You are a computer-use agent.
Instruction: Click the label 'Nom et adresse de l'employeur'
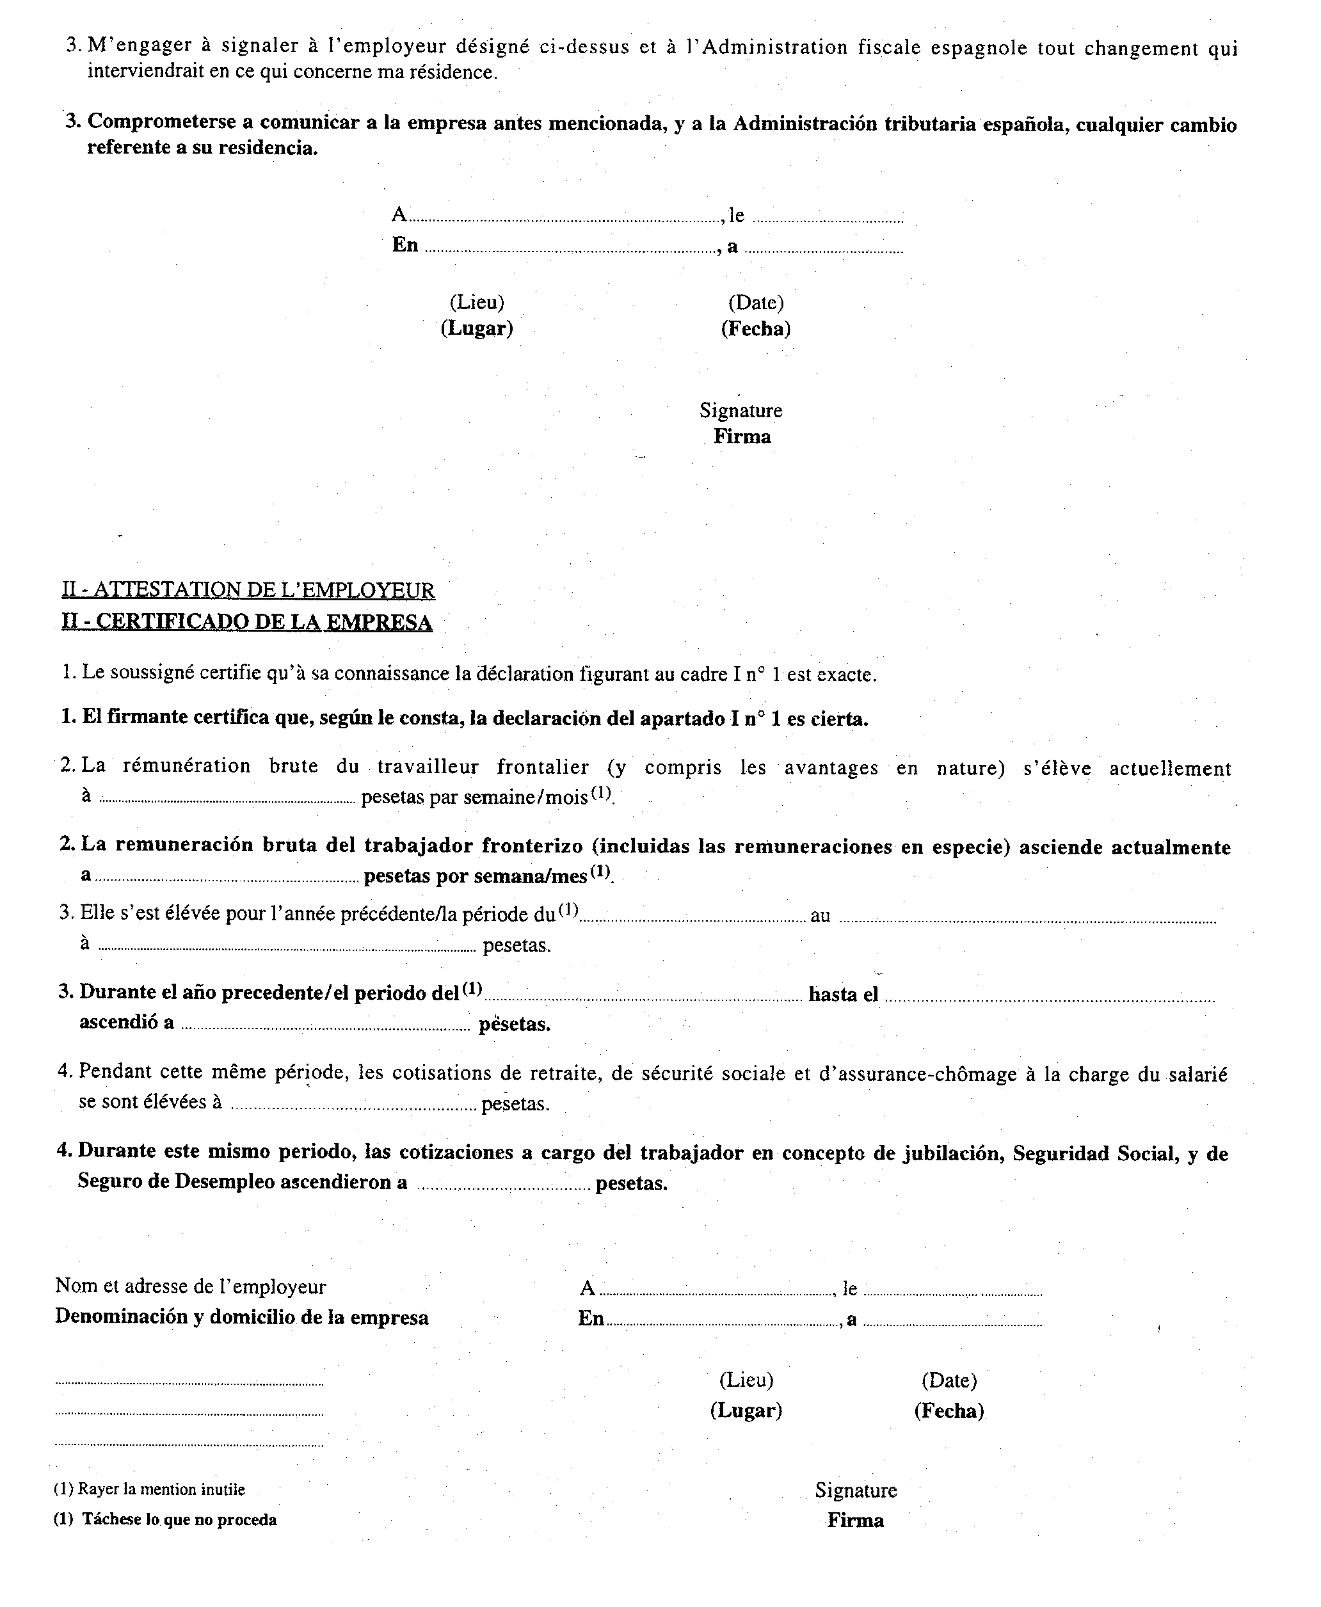pos(190,1286)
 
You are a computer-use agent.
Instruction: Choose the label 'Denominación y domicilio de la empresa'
pos(241,1318)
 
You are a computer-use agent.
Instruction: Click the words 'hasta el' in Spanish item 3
pos(843,995)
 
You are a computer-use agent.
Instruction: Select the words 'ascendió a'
pos(126,1023)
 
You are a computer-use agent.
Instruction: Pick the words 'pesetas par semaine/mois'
pos(475,797)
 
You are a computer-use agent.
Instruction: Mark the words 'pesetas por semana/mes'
pos(476,875)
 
